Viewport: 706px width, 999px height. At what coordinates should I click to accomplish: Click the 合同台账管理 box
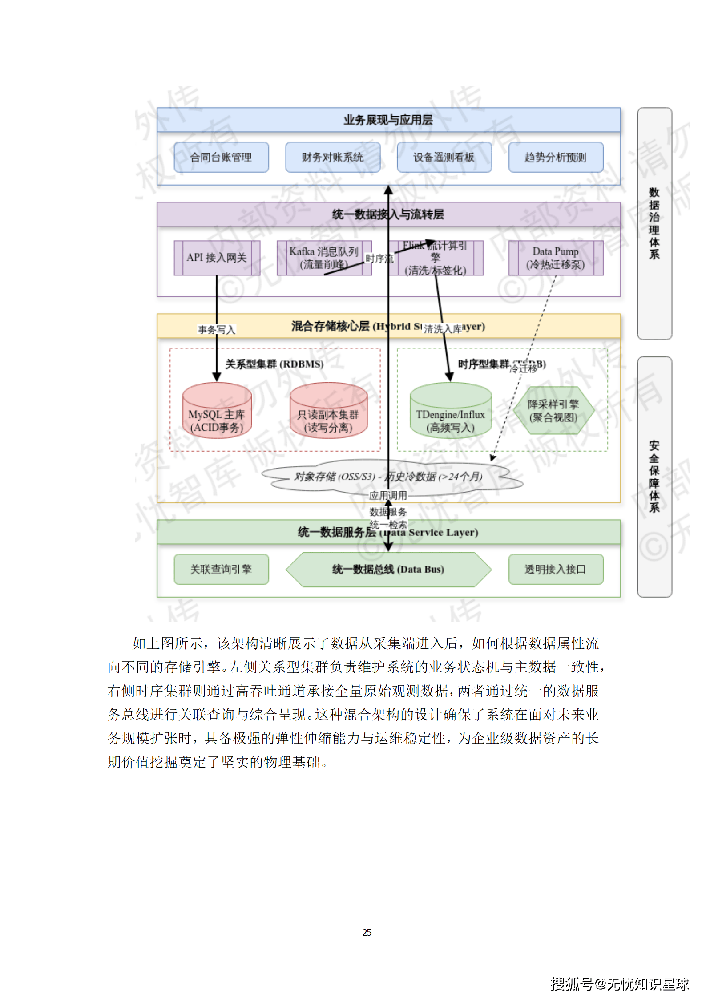221,157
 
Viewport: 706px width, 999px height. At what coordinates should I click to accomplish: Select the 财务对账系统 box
333,157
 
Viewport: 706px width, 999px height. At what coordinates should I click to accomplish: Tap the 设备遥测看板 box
444,157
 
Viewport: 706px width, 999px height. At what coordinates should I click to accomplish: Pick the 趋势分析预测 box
556,157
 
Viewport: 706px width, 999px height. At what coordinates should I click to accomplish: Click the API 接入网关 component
217,258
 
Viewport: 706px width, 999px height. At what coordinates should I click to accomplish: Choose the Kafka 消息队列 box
324,258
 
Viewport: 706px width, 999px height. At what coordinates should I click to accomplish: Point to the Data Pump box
556,258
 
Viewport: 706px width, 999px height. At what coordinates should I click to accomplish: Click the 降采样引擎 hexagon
553,411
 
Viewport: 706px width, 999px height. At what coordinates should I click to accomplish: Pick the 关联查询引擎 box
221,569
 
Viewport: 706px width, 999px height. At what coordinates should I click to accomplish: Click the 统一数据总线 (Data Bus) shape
388,570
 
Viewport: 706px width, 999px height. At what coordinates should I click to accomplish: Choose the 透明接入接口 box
556,569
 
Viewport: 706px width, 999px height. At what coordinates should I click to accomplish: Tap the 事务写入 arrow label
217,330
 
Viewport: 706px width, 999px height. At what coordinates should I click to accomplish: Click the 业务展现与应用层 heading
388,120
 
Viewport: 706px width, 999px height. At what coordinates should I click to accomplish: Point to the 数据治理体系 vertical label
654,223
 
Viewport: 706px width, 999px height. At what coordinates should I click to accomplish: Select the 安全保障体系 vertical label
654,477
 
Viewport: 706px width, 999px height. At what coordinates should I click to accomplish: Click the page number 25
367,933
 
